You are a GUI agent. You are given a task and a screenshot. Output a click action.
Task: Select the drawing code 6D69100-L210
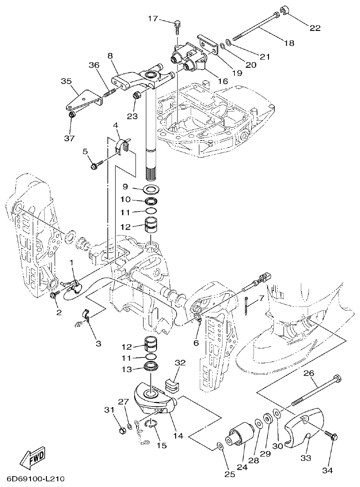tap(35, 479)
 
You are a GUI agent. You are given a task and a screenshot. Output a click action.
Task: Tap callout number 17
tap(153, 19)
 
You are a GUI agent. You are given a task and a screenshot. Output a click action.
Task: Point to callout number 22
tap(315, 28)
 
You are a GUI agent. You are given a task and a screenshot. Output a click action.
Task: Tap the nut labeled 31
tap(122, 430)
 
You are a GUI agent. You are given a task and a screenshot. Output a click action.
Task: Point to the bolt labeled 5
tap(94, 167)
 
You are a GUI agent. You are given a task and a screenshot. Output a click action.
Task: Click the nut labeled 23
tap(136, 96)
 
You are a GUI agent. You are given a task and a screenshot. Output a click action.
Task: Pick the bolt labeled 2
tap(55, 296)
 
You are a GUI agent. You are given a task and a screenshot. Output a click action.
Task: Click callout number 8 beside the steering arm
tap(110, 56)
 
